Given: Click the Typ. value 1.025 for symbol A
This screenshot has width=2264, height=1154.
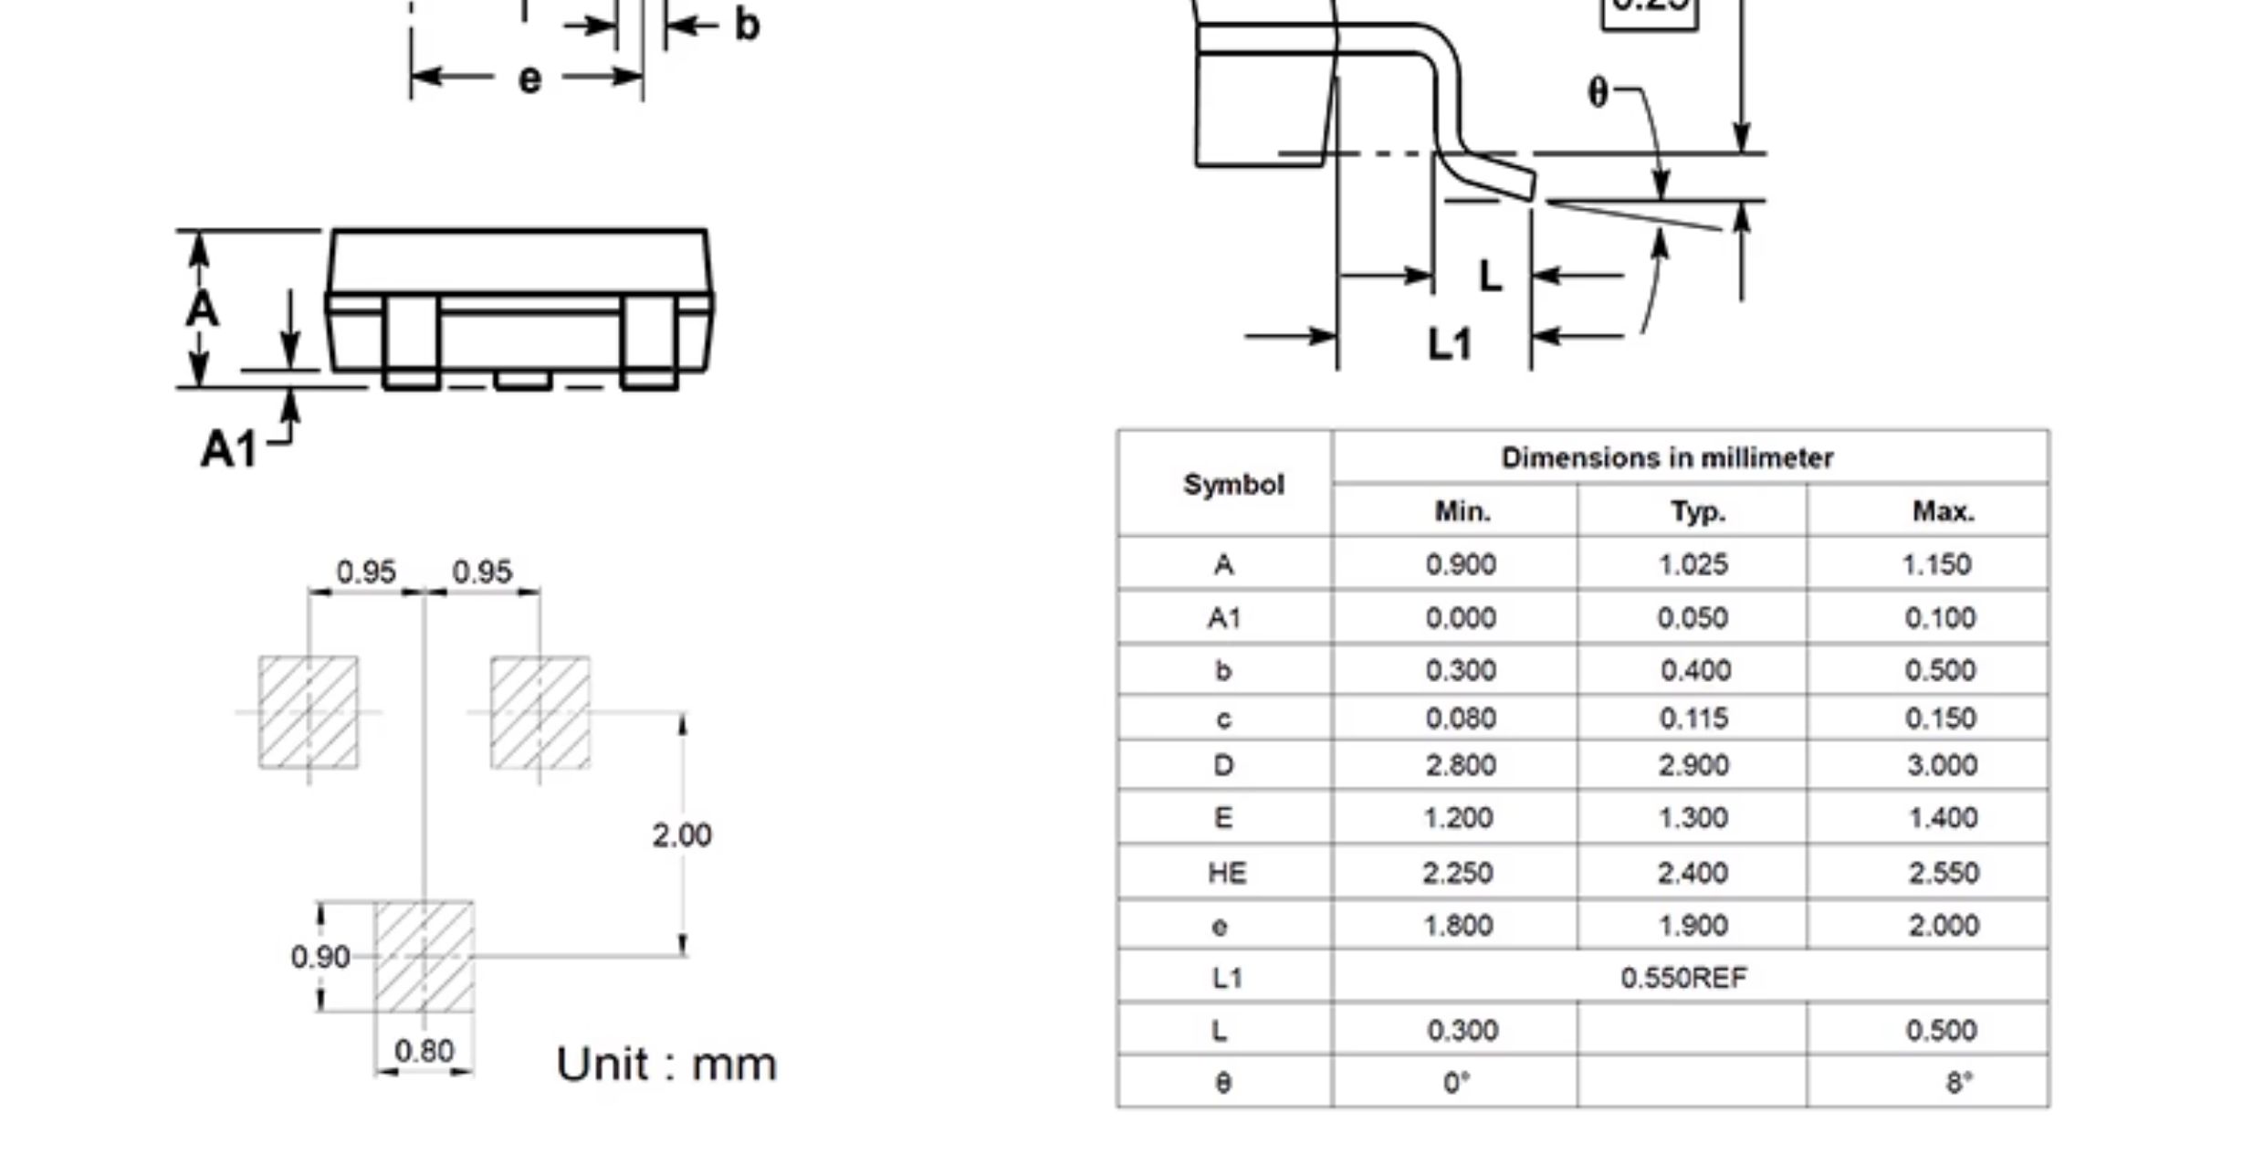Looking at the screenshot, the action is pos(1693,564).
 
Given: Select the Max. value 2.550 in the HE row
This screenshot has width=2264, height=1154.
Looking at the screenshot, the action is pos(1944,873).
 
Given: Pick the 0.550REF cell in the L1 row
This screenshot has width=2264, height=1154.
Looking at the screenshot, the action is pos(1684,978).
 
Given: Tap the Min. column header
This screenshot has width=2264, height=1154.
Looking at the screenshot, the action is pos(1462,511).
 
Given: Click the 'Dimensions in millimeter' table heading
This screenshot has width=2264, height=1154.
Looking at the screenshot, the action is pos(1667,457).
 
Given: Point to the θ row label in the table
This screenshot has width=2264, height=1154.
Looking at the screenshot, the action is pos(1223,1083).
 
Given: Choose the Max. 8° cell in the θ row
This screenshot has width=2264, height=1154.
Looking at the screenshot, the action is pos(1959,1083).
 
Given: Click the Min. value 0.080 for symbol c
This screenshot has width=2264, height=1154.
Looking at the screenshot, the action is pos(1461,719).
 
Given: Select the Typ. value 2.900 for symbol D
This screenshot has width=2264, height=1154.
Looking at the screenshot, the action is pos(1693,765).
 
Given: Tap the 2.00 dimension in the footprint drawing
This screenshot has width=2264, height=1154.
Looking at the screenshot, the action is pos(682,835).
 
